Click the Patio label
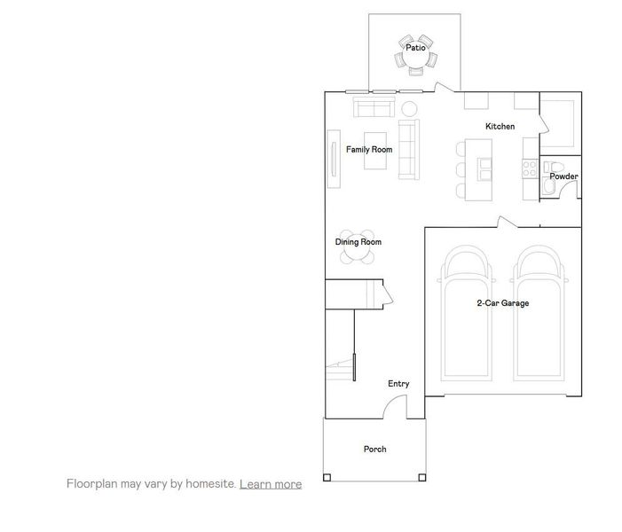coord(415,48)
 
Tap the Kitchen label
coord(500,127)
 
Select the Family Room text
coord(368,150)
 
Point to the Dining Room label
coord(358,242)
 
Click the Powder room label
coord(563,176)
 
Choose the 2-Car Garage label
coord(502,303)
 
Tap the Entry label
coord(398,384)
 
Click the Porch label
coord(374,450)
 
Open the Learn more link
coord(271,484)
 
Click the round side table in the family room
coord(409,109)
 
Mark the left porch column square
coord(327,479)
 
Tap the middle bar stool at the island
coord(461,169)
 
